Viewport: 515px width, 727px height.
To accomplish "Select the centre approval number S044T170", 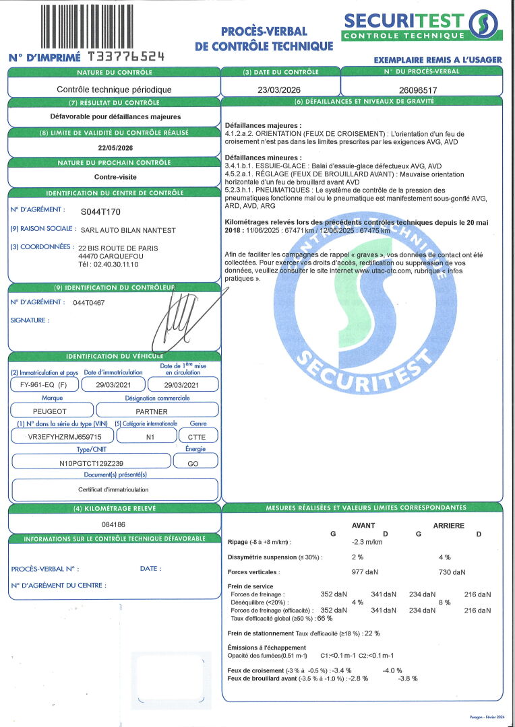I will coord(101,211).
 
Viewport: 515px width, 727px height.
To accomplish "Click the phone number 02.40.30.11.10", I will coord(113,265).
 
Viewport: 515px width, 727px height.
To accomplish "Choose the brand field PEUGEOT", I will coord(50,410).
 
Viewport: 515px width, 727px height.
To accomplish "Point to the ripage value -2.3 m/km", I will coord(367,542).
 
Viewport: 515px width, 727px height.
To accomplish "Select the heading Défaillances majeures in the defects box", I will coord(263,126).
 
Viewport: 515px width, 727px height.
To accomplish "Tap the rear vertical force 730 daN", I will coord(452,572).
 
